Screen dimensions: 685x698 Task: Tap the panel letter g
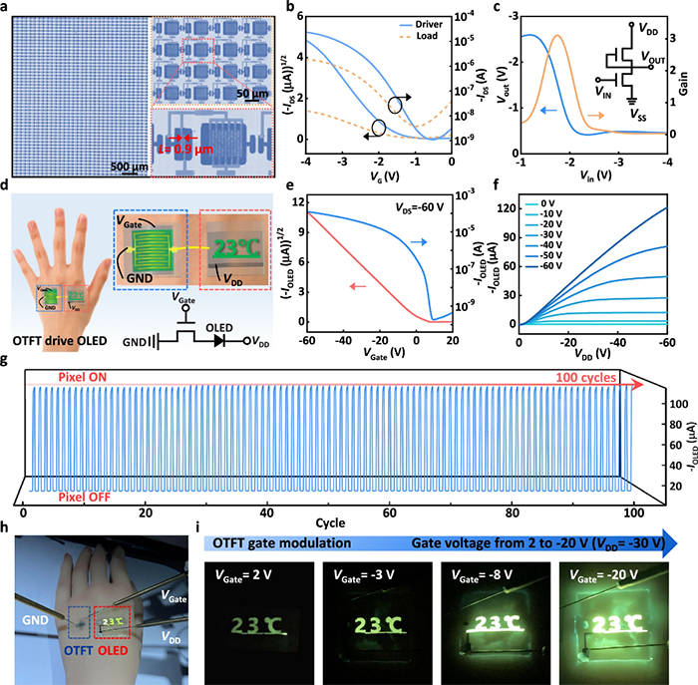[x=9, y=356]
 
